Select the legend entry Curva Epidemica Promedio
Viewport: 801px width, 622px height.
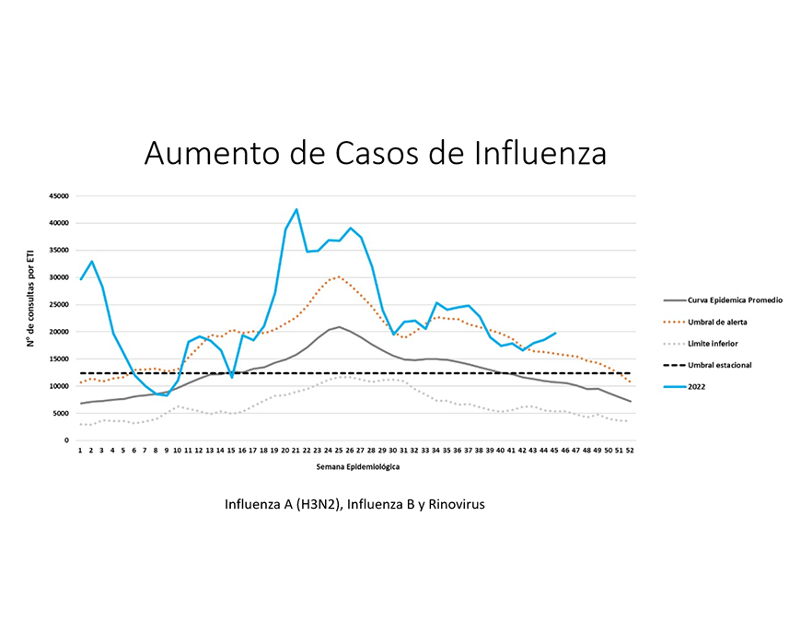tap(735, 299)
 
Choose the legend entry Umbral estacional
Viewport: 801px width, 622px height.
tap(721, 365)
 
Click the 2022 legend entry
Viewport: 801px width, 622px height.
tap(697, 387)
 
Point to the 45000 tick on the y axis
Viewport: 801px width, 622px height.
tap(59, 195)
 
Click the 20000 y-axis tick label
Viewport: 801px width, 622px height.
tap(59, 332)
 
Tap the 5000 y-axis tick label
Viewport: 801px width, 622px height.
tap(61, 414)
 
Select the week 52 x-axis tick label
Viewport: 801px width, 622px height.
tap(630, 451)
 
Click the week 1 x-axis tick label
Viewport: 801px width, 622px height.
tap(81, 451)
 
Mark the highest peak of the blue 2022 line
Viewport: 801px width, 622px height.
tap(296, 209)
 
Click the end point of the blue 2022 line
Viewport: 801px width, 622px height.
tap(555, 333)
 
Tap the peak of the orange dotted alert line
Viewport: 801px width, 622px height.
tap(339, 276)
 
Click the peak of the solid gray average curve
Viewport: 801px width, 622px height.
tap(339, 327)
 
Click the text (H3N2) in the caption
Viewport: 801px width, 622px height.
tap(319, 505)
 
